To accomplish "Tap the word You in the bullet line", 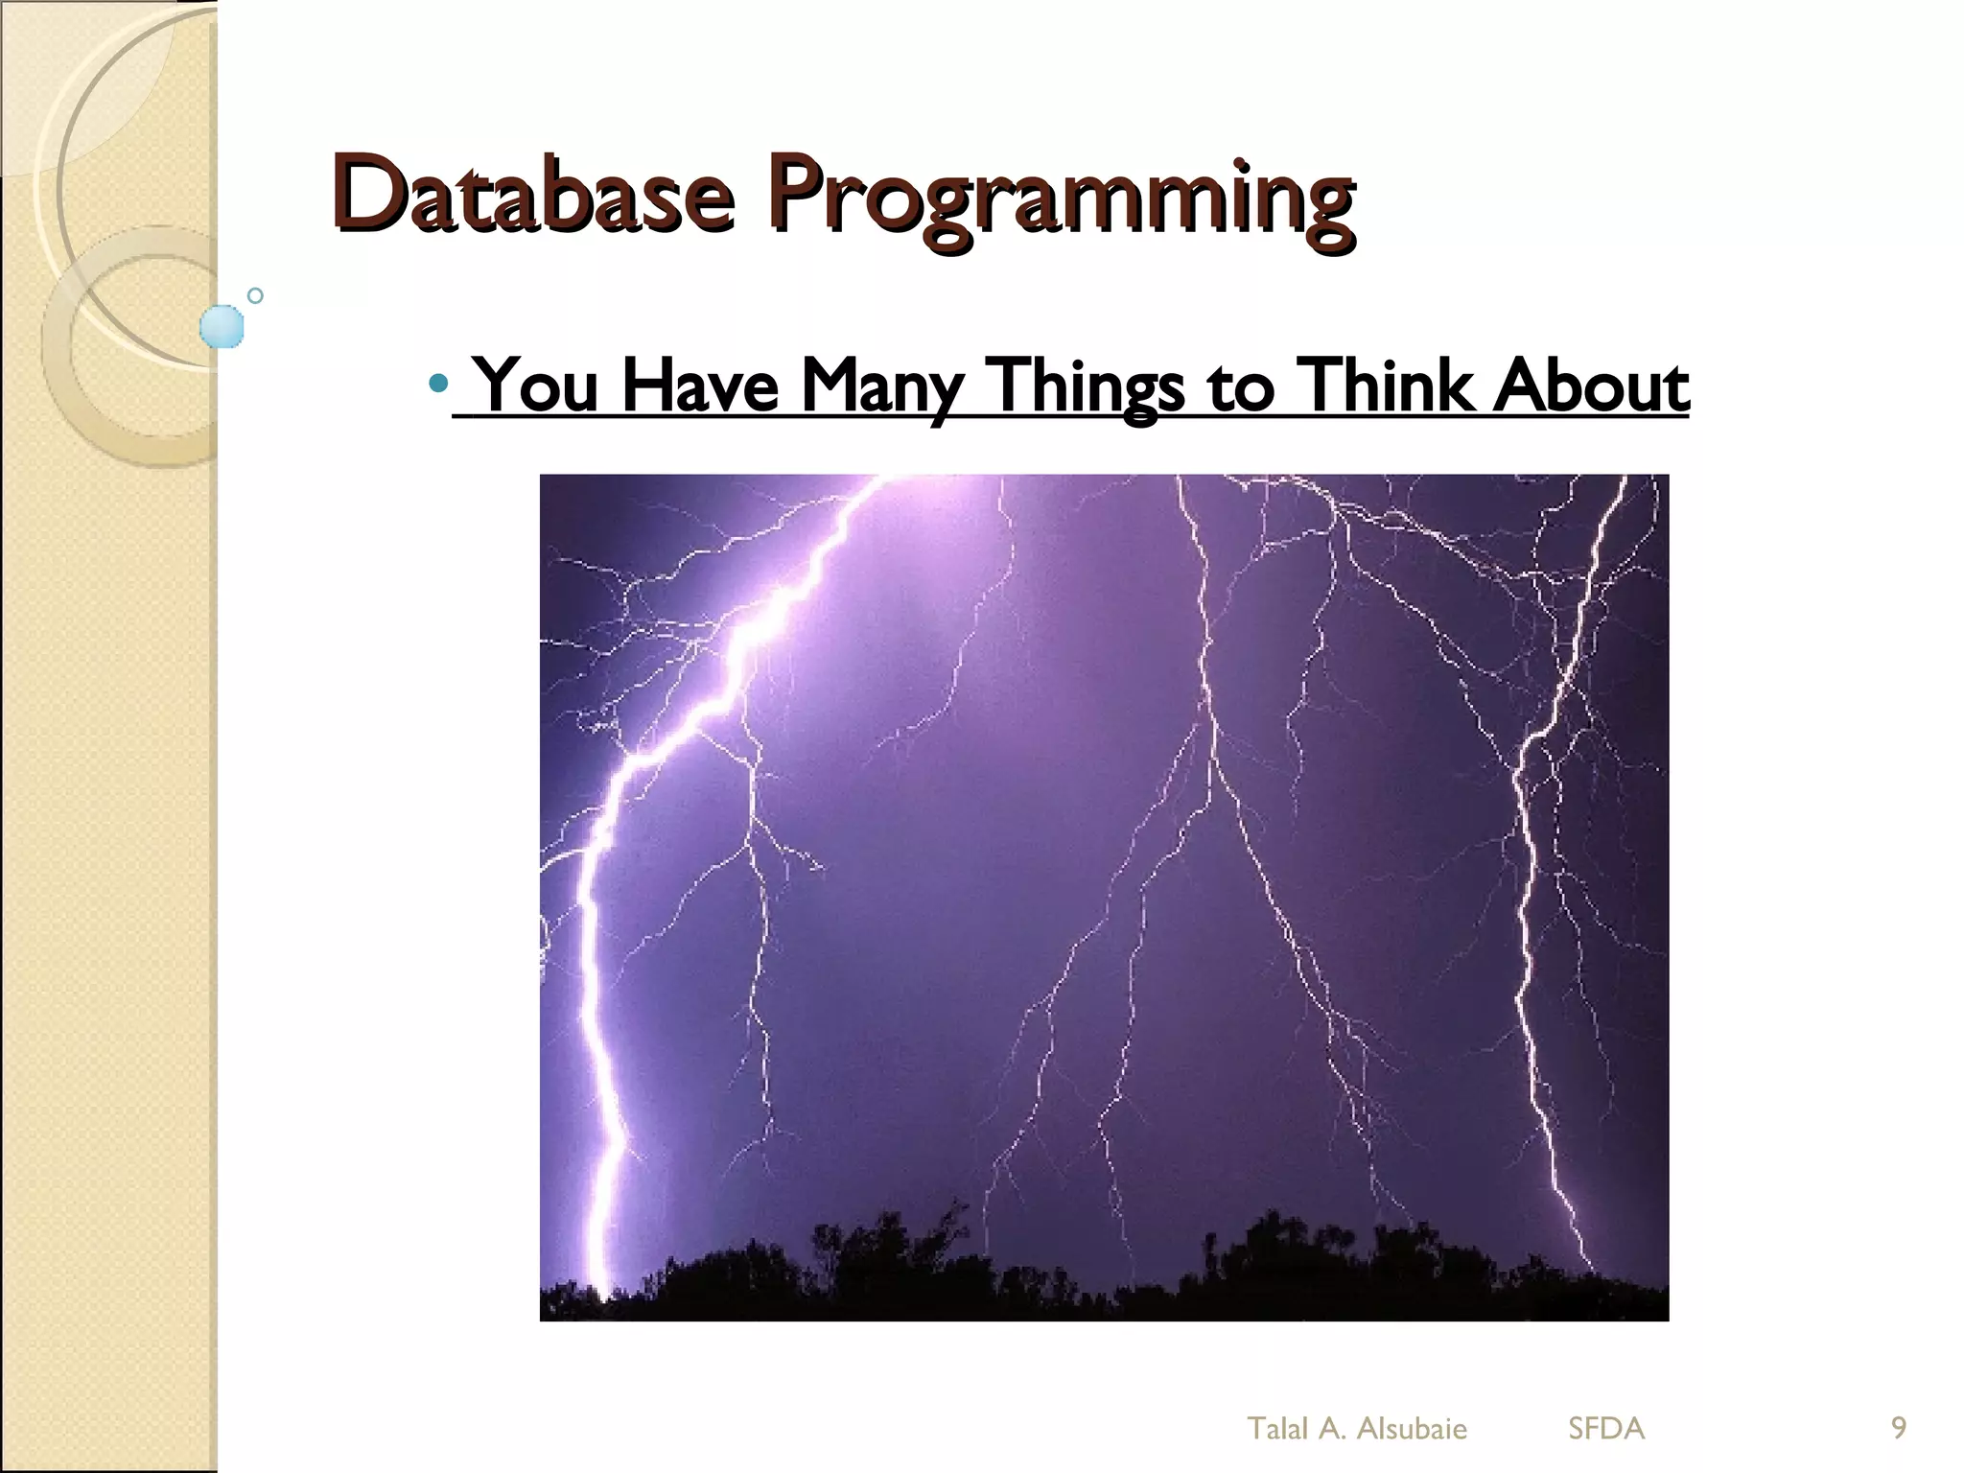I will [537, 386].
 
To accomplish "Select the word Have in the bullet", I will [699, 386].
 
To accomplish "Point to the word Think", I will [1382, 386].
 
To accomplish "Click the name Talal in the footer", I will [1277, 1428].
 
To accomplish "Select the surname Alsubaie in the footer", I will [1412, 1428].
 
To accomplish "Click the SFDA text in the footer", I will [1606, 1428].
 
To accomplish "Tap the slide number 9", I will [1898, 1428].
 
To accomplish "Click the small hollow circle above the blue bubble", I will [255, 295].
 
